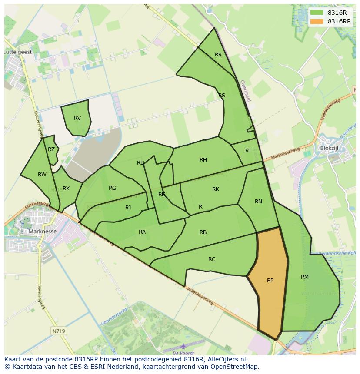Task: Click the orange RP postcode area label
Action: point(270,281)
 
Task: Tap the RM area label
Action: point(304,277)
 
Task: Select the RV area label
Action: point(77,118)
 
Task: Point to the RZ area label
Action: point(51,149)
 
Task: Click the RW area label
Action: point(42,175)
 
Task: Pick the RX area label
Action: point(66,189)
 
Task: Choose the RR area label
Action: point(218,55)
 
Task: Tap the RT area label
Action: point(248,151)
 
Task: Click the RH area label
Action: point(203,160)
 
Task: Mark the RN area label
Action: point(258,201)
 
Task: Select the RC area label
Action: point(212,259)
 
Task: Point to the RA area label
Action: point(142,232)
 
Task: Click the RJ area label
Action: point(128,208)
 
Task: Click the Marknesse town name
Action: point(42,232)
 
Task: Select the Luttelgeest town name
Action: point(17,51)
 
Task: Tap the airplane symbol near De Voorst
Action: point(183,346)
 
